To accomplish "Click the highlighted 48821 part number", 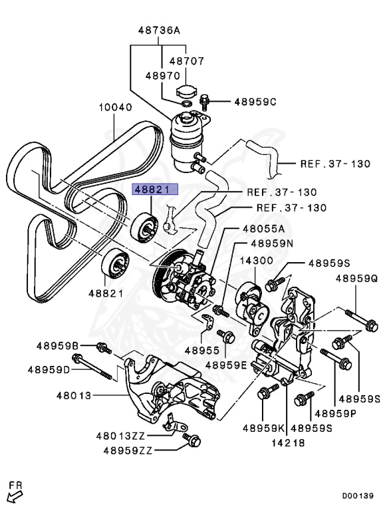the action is point(155,190).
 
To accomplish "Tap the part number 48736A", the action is point(159,31).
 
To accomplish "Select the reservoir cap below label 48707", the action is point(186,91).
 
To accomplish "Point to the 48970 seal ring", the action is point(186,104).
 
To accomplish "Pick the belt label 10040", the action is point(116,107).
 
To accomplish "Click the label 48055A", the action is point(263,229).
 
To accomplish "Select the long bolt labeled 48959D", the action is point(92,367).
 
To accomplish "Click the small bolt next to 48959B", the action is point(104,348).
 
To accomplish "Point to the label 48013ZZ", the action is point(120,435).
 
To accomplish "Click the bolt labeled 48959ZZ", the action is point(192,440).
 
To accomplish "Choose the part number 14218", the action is point(289,442).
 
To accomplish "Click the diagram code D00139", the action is point(358,496).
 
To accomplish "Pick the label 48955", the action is point(202,351).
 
